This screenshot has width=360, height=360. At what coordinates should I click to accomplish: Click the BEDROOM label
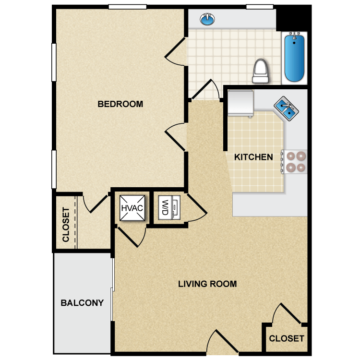click(120, 104)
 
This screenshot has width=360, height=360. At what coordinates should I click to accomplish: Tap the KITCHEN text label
click(253, 157)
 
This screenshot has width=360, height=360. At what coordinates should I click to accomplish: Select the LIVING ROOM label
click(207, 284)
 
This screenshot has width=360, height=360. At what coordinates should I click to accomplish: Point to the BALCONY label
click(82, 303)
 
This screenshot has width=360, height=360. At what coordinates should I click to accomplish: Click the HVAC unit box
click(132, 208)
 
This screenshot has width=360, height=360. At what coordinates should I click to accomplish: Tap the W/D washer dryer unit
click(168, 207)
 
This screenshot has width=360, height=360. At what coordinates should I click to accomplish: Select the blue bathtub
click(294, 58)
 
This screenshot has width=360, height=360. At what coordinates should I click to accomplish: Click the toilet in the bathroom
click(260, 71)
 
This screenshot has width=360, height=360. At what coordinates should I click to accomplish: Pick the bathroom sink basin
click(207, 20)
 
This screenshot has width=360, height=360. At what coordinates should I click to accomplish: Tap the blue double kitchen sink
click(287, 108)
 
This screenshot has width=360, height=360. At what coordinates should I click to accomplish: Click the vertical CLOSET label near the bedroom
click(66, 224)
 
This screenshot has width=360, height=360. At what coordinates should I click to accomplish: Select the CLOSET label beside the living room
click(287, 338)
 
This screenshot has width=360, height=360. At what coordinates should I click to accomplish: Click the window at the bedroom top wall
click(127, 7)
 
